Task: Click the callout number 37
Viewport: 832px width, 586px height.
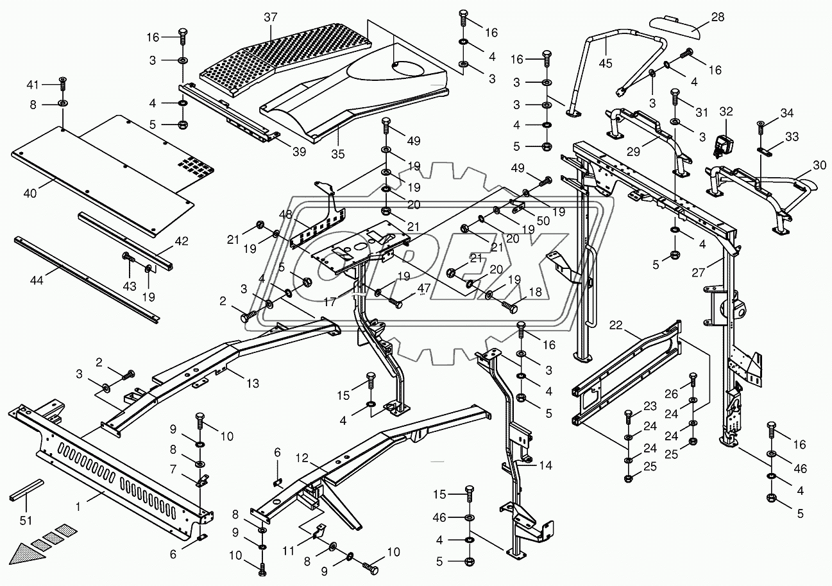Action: coord(270,17)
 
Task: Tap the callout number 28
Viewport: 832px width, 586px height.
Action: coord(717,17)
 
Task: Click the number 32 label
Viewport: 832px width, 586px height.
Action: coord(726,110)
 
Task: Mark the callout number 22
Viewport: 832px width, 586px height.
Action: coord(616,326)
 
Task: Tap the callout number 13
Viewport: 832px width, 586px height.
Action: coord(252,384)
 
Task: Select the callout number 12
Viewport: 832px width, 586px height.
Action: coord(302,458)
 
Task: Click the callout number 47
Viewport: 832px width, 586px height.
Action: coord(424,289)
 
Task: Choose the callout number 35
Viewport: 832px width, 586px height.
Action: coord(338,154)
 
